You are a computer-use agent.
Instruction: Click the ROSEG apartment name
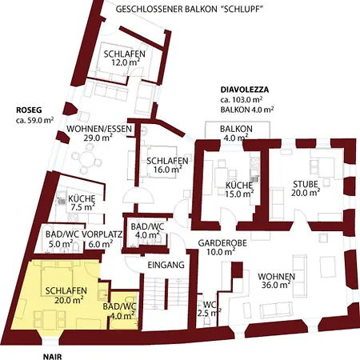point(29,110)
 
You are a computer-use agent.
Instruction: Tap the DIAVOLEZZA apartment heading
point(245,90)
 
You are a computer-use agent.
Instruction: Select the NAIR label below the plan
point(52,357)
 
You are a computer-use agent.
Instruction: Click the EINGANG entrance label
point(166,265)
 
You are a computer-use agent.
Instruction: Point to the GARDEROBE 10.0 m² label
point(222,247)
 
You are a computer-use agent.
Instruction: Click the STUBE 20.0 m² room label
point(306,188)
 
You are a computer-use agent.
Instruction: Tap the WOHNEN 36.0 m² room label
point(276,281)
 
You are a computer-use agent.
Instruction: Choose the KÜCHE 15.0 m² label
point(239,190)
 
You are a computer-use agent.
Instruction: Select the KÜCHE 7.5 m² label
point(82,202)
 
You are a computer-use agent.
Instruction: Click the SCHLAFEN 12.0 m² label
point(125,58)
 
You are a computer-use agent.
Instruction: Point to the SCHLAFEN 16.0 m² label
point(167,165)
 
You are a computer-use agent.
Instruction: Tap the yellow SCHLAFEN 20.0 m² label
point(66,295)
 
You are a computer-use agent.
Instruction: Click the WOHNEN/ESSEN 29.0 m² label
point(99,133)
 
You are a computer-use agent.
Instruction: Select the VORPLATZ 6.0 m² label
point(102,238)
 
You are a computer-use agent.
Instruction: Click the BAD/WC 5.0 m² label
point(62,238)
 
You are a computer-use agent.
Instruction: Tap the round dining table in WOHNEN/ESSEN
point(87,159)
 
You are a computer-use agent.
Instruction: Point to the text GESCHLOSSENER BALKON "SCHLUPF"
point(190,9)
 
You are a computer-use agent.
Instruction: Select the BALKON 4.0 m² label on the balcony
point(236,133)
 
